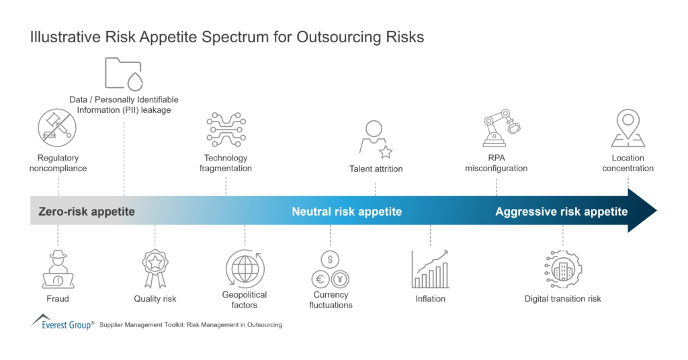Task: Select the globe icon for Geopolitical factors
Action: [245, 268]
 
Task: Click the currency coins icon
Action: [331, 269]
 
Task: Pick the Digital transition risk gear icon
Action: [562, 269]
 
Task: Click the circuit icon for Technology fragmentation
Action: [225, 129]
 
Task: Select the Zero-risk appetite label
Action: [86, 212]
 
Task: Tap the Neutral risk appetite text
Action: [347, 212]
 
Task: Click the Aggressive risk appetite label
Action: [562, 212]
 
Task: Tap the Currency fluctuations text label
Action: [331, 300]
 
